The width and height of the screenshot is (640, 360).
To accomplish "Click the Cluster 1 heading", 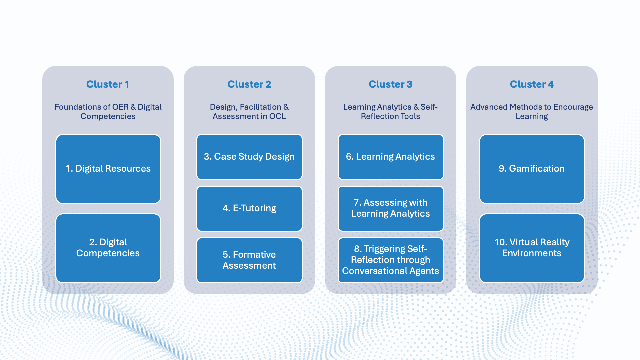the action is point(108,84).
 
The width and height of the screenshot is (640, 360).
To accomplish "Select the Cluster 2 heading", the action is point(249,84).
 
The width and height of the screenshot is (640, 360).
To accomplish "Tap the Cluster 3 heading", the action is point(390,84).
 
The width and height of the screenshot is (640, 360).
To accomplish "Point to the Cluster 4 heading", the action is point(532,84).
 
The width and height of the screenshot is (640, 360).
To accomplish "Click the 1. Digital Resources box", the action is point(108,169).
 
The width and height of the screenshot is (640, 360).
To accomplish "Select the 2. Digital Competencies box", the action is point(108,248).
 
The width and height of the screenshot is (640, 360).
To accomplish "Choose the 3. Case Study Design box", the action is point(249,157).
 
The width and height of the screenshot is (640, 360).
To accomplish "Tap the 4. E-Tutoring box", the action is point(249,209).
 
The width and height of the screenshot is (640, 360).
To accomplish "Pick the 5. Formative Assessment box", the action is point(249,260).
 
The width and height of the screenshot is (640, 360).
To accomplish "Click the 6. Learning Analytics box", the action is point(391,157).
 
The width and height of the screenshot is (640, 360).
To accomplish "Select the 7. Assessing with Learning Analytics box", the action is point(391,209).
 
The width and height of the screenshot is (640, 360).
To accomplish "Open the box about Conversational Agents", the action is point(391,260).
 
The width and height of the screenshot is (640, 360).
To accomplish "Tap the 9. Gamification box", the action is point(532,169).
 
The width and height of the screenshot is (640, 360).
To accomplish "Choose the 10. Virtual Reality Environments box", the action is point(532,248).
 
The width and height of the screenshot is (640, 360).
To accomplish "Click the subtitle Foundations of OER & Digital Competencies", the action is point(108,112).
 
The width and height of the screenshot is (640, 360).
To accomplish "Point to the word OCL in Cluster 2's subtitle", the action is point(277,116).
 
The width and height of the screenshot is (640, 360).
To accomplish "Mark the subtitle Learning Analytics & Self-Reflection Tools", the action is point(390,112).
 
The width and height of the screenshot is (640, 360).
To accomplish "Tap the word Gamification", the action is point(537,169).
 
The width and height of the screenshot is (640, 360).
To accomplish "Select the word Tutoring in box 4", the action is point(258,209).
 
